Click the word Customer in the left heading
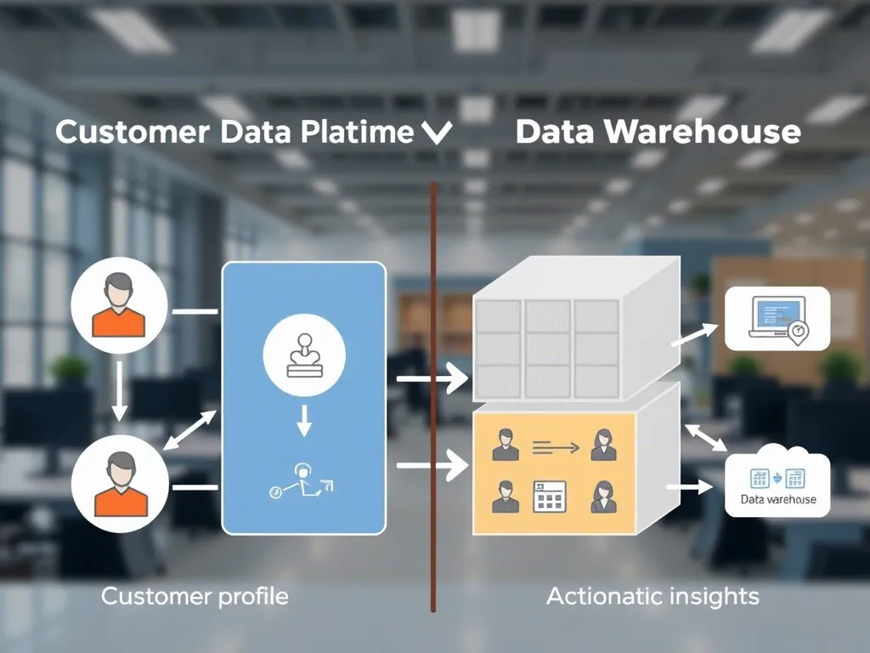pyautogui.click(x=132, y=133)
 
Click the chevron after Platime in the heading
pyautogui.click(x=437, y=134)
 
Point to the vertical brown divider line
pyautogui.click(x=433, y=510)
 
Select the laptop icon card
pyautogui.click(x=777, y=319)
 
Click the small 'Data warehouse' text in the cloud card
pyautogui.click(x=777, y=499)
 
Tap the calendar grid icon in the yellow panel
pyautogui.click(x=550, y=496)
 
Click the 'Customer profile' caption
pyautogui.click(x=195, y=596)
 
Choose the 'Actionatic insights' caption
pyautogui.click(x=652, y=596)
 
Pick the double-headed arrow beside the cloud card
pyautogui.click(x=706, y=436)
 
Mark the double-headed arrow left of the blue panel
pyautogui.click(x=190, y=430)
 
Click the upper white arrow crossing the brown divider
pyautogui.click(x=432, y=378)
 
